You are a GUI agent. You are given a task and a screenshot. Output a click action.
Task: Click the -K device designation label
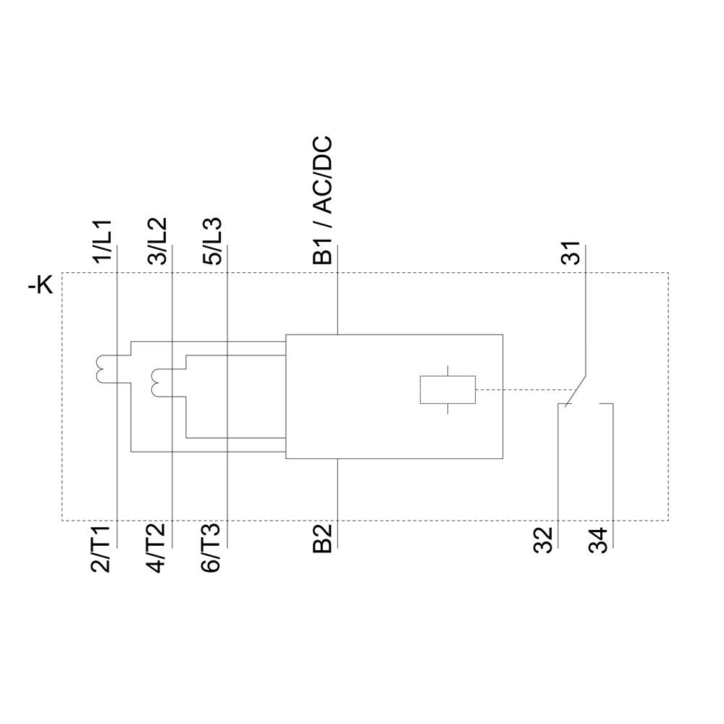41,286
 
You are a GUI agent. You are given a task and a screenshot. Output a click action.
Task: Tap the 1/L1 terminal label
104,241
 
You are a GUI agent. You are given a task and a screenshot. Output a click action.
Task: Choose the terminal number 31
572,252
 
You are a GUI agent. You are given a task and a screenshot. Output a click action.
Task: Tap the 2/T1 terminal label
102,550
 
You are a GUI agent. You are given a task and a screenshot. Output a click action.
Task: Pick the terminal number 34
599,540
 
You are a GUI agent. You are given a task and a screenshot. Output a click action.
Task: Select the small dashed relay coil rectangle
447,390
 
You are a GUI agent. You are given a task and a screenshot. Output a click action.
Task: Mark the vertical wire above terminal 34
613,463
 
